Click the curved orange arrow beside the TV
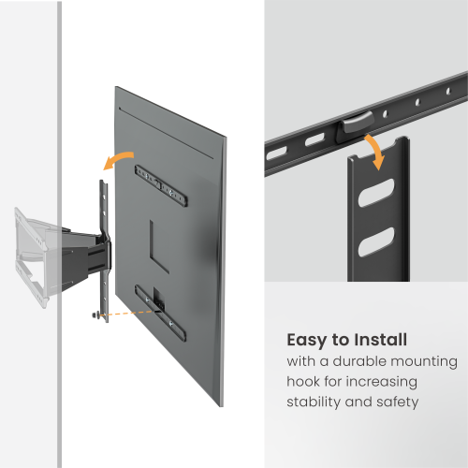click(117, 163)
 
